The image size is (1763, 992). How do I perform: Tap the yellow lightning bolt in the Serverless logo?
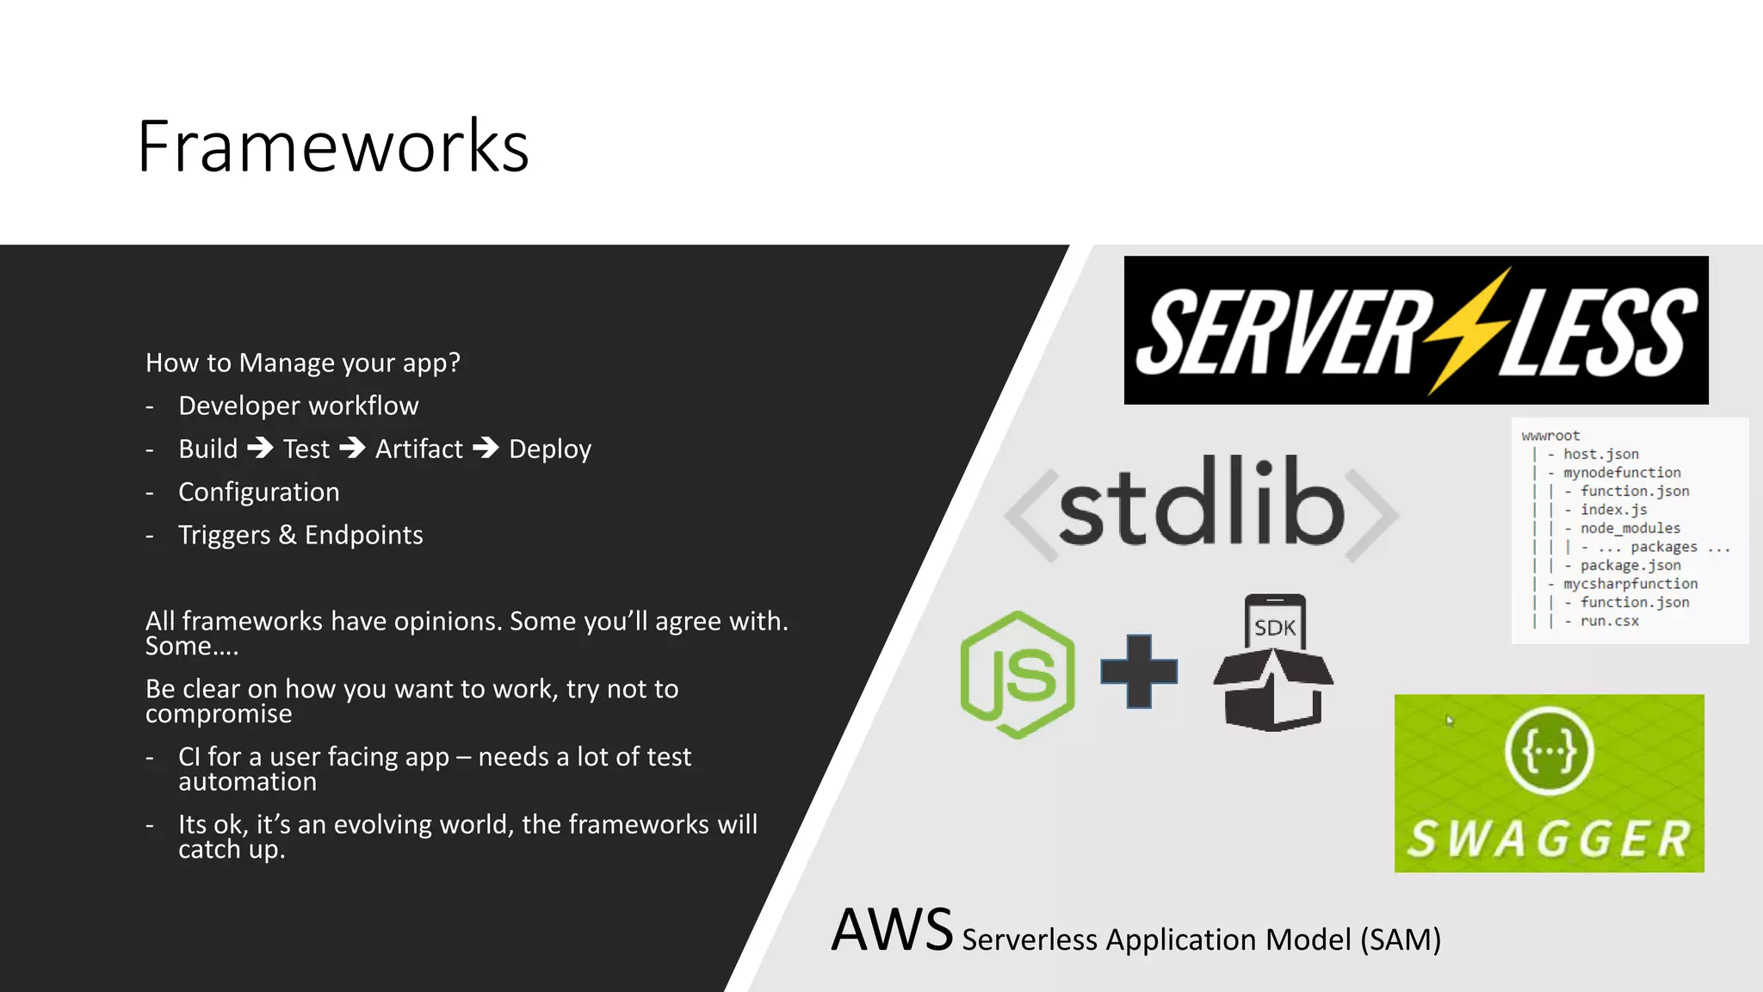(x=1466, y=332)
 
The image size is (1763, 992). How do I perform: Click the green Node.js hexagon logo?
(x=1018, y=674)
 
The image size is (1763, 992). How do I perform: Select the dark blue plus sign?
(x=1139, y=672)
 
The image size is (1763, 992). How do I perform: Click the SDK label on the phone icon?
(x=1275, y=628)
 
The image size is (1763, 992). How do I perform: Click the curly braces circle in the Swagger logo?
(x=1549, y=751)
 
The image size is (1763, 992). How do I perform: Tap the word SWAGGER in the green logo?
(x=1550, y=839)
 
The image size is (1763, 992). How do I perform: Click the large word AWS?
(x=892, y=931)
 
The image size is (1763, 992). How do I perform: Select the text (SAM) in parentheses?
(x=1401, y=939)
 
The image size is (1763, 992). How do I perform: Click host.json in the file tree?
(x=1600, y=454)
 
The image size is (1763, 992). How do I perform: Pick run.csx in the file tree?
(x=1609, y=621)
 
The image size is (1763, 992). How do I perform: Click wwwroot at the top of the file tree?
(x=1550, y=436)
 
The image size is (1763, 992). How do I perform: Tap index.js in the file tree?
(x=1613, y=510)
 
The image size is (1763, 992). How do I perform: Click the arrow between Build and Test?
(x=260, y=448)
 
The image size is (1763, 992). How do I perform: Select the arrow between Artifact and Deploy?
(x=486, y=448)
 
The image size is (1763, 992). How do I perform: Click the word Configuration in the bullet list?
(x=258, y=492)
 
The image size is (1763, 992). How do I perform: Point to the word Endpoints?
(x=363, y=535)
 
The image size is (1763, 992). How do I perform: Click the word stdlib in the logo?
(x=1201, y=504)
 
